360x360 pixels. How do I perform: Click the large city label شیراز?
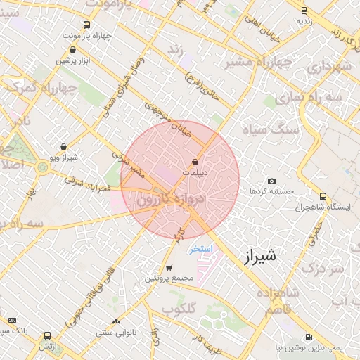point(261,257)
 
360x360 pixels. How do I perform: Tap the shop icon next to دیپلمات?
point(194,162)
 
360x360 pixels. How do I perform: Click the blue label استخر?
point(200,250)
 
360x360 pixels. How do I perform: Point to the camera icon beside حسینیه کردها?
point(272,181)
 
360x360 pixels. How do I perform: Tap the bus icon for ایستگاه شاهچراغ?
point(323,196)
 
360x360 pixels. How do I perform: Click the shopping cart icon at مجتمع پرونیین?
point(169,268)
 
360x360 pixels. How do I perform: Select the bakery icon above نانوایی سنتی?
point(117,321)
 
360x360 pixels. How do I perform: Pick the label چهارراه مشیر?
point(258,63)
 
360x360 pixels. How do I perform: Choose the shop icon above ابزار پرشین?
point(74,50)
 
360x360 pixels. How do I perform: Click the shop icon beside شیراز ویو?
point(64,147)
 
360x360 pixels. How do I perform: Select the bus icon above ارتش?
point(47,336)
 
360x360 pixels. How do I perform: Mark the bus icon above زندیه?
point(304,10)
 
